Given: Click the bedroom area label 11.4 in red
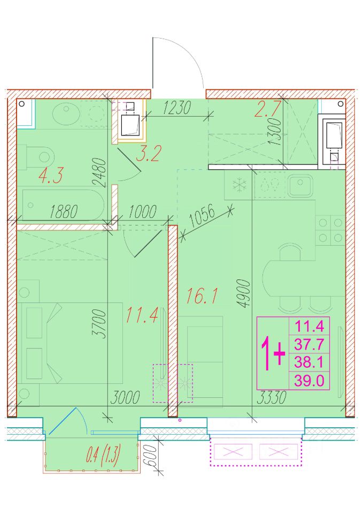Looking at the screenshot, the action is click(x=142, y=315).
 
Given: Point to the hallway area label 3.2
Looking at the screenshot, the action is click(x=149, y=153).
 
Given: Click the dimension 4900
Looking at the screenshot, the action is click(x=244, y=293).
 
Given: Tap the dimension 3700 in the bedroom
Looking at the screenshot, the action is click(x=99, y=324).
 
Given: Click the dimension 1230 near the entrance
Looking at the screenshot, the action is click(x=177, y=107).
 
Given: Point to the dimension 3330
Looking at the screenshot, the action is click(x=272, y=397).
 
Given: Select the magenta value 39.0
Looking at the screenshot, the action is click(x=309, y=381).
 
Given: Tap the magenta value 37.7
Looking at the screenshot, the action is click(x=309, y=344).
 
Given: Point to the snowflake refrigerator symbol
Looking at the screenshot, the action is click(x=240, y=186).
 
